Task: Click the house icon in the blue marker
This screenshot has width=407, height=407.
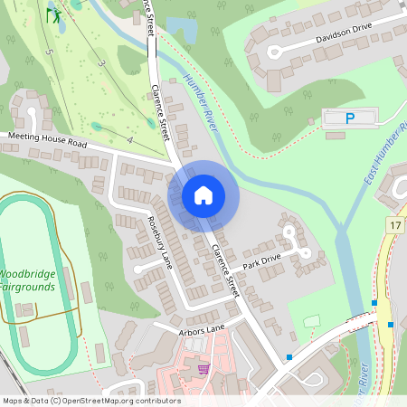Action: (x=203, y=194)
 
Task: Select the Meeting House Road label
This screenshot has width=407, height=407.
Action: (x=47, y=140)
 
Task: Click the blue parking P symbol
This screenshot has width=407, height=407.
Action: (x=351, y=118)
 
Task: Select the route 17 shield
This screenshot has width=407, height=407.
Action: (x=395, y=223)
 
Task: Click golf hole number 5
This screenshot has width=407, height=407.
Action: (x=49, y=53)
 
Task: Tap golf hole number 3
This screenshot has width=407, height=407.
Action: (x=102, y=63)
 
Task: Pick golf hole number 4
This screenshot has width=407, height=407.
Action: (x=130, y=141)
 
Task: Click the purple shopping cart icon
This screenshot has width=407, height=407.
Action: (x=203, y=368)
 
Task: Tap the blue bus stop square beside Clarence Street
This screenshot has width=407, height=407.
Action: (x=289, y=357)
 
